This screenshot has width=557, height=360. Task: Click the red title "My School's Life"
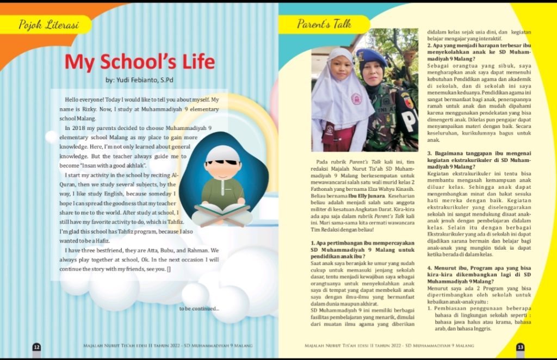(x=140, y=62)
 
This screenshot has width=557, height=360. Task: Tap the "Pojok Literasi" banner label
(x=48, y=24)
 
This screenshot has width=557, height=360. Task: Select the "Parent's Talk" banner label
(x=324, y=24)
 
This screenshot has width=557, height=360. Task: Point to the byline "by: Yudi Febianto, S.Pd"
(x=140, y=80)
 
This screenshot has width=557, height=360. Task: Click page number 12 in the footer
(x=36, y=346)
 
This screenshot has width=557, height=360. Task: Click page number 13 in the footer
(x=520, y=346)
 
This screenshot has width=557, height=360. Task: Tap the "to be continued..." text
(x=199, y=309)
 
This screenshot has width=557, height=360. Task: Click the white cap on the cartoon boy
(x=223, y=153)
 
